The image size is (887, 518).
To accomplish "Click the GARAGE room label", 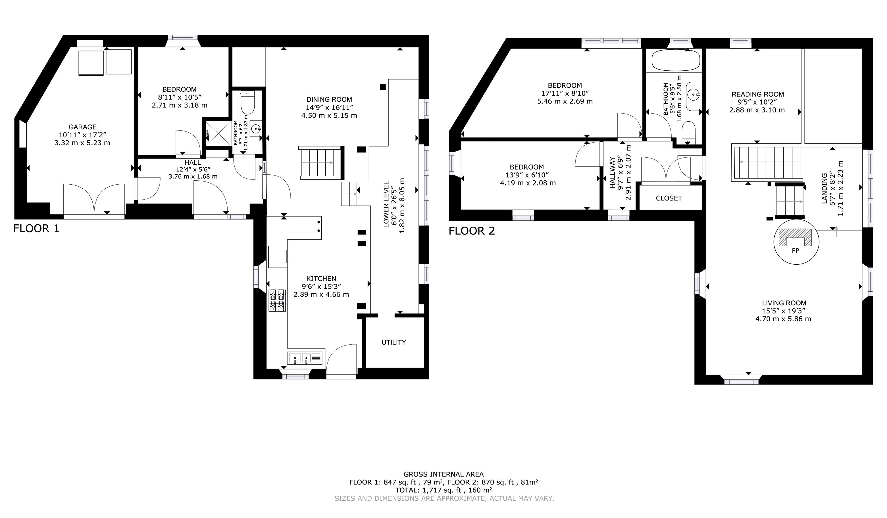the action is point(82,127).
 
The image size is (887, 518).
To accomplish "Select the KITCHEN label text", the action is point(321,278).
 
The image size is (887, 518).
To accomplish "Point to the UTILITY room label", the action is point(394,342).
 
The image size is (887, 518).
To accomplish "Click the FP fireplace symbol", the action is point(796,241).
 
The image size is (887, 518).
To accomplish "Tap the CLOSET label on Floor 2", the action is point(669,198).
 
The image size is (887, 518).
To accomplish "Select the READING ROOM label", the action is point(757,94).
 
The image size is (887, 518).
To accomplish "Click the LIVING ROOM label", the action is point(784,303).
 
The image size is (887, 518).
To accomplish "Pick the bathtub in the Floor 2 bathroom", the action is point(676,60).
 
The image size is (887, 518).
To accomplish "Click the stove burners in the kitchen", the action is point(277,300).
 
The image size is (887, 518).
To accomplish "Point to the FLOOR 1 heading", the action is point(36,229).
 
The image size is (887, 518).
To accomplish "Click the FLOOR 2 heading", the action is point(472,231).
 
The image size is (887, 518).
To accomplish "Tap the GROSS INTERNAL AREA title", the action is point(443,474).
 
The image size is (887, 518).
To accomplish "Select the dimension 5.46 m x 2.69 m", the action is point(565,101).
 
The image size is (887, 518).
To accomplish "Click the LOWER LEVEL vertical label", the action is point(386,205).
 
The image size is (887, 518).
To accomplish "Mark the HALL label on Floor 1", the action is point(193,162).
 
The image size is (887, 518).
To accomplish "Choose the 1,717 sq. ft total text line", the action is point(443,490).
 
